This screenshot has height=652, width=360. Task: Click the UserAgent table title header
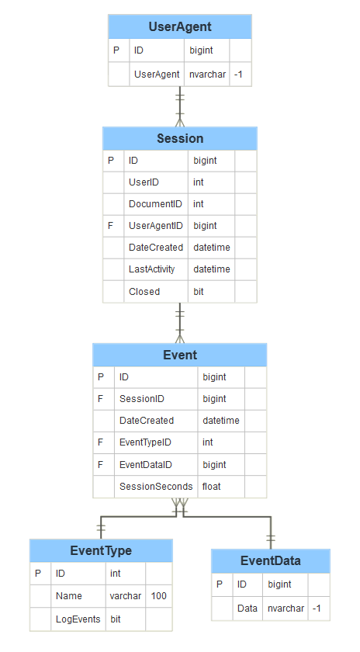click(179, 26)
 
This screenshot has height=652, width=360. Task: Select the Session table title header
click(179, 138)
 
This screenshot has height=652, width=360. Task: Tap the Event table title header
click(179, 355)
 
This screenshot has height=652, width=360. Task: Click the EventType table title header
click(101, 550)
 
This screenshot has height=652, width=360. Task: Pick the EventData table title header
click(270, 560)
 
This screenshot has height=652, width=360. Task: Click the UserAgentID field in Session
click(155, 226)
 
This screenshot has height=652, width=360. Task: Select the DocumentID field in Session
click(155, 204)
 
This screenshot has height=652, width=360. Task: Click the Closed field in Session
click(144, 292)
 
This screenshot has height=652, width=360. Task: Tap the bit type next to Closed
click(199, 292)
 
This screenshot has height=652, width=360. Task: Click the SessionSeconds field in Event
click(155, 487)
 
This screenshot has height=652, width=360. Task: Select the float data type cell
click(211, 487)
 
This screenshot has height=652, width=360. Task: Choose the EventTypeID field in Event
click(145, 442)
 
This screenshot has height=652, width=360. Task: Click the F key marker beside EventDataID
click(101, 465)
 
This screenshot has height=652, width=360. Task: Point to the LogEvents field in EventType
click(78, 619)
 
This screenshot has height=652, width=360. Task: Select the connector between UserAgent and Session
click(180, 106)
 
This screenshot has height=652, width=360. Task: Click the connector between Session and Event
click(180, 323)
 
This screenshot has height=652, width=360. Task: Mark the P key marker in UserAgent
click(116, 50)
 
